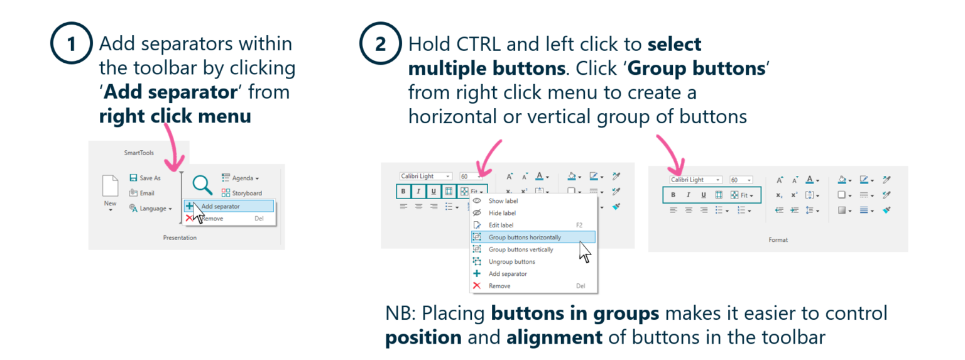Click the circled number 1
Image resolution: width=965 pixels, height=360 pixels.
[71, 45]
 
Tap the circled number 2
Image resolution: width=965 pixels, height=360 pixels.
[379, 45]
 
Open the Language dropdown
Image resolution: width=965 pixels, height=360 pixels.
[151, 209]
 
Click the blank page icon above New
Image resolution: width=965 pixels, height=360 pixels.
[110, 186]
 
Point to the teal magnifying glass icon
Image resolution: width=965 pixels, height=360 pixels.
[202, 185]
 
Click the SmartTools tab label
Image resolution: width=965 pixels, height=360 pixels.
[139, 153]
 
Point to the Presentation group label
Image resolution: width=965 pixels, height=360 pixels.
[180, 237]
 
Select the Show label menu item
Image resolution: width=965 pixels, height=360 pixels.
[503, 201]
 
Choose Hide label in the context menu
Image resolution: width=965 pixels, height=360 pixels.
[502, 213]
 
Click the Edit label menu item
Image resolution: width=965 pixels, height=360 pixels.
[501, 225]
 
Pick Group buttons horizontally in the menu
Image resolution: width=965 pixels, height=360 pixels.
[525, 237]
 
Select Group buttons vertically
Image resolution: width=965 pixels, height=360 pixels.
[521, 249]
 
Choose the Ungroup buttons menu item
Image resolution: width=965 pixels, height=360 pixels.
[511, 261]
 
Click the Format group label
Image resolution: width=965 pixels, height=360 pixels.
[778, 239]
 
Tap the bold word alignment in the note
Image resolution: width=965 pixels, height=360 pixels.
[554, 337]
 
